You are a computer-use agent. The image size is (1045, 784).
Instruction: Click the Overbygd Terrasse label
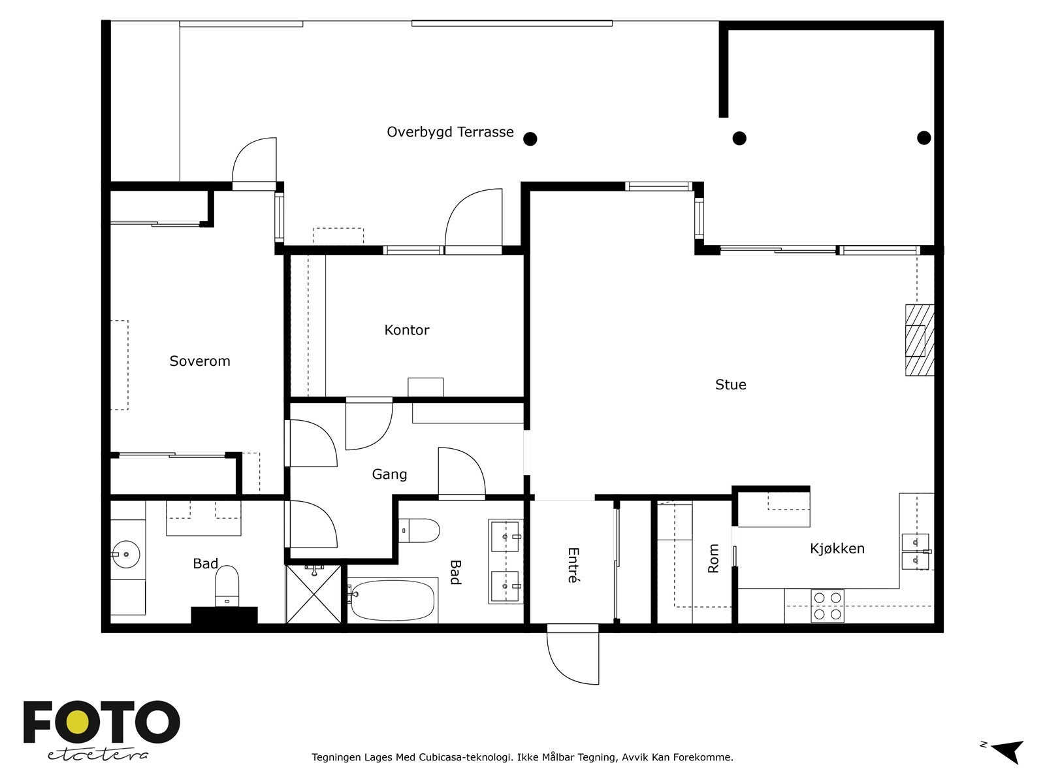pyautogui.click(x=450, y=133)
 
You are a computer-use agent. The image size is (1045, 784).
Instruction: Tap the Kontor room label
pyautogui.click(x=407, y=330)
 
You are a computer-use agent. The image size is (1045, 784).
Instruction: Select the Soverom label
pyautogui.click(x=199, y=361)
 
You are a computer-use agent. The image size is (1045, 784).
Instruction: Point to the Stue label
pyautogui.click(x=730, y=384)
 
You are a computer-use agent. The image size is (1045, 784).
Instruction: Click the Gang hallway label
pyautogui.click(x=389, y=474)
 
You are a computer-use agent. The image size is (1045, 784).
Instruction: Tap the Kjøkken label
pyautogui.click(x=837, y=548)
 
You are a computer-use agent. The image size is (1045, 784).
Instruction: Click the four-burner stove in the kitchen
pyautogui.click(x=828, y=606)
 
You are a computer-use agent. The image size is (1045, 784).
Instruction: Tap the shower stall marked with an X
pyautogui.click(x=313, y=594)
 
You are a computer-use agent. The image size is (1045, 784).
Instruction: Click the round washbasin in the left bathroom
pyautogui.click(x=125, y=554)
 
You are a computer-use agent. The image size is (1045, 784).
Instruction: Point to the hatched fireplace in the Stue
pyautogui.click(x=920, y=340)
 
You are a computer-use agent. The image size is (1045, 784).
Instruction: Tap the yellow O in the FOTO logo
pyautogui.click(x=77, y=722)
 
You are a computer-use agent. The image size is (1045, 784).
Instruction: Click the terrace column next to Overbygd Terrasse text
pyautogui.click(x=530, y=139)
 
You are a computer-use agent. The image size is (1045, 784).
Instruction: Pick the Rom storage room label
pyautogui.click(x=713, y=559)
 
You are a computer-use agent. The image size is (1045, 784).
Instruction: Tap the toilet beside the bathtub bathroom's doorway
pyautogui.click(x=419, y=531)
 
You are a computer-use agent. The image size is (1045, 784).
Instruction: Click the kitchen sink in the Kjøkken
pyautogui.click(x=916, y=551)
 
